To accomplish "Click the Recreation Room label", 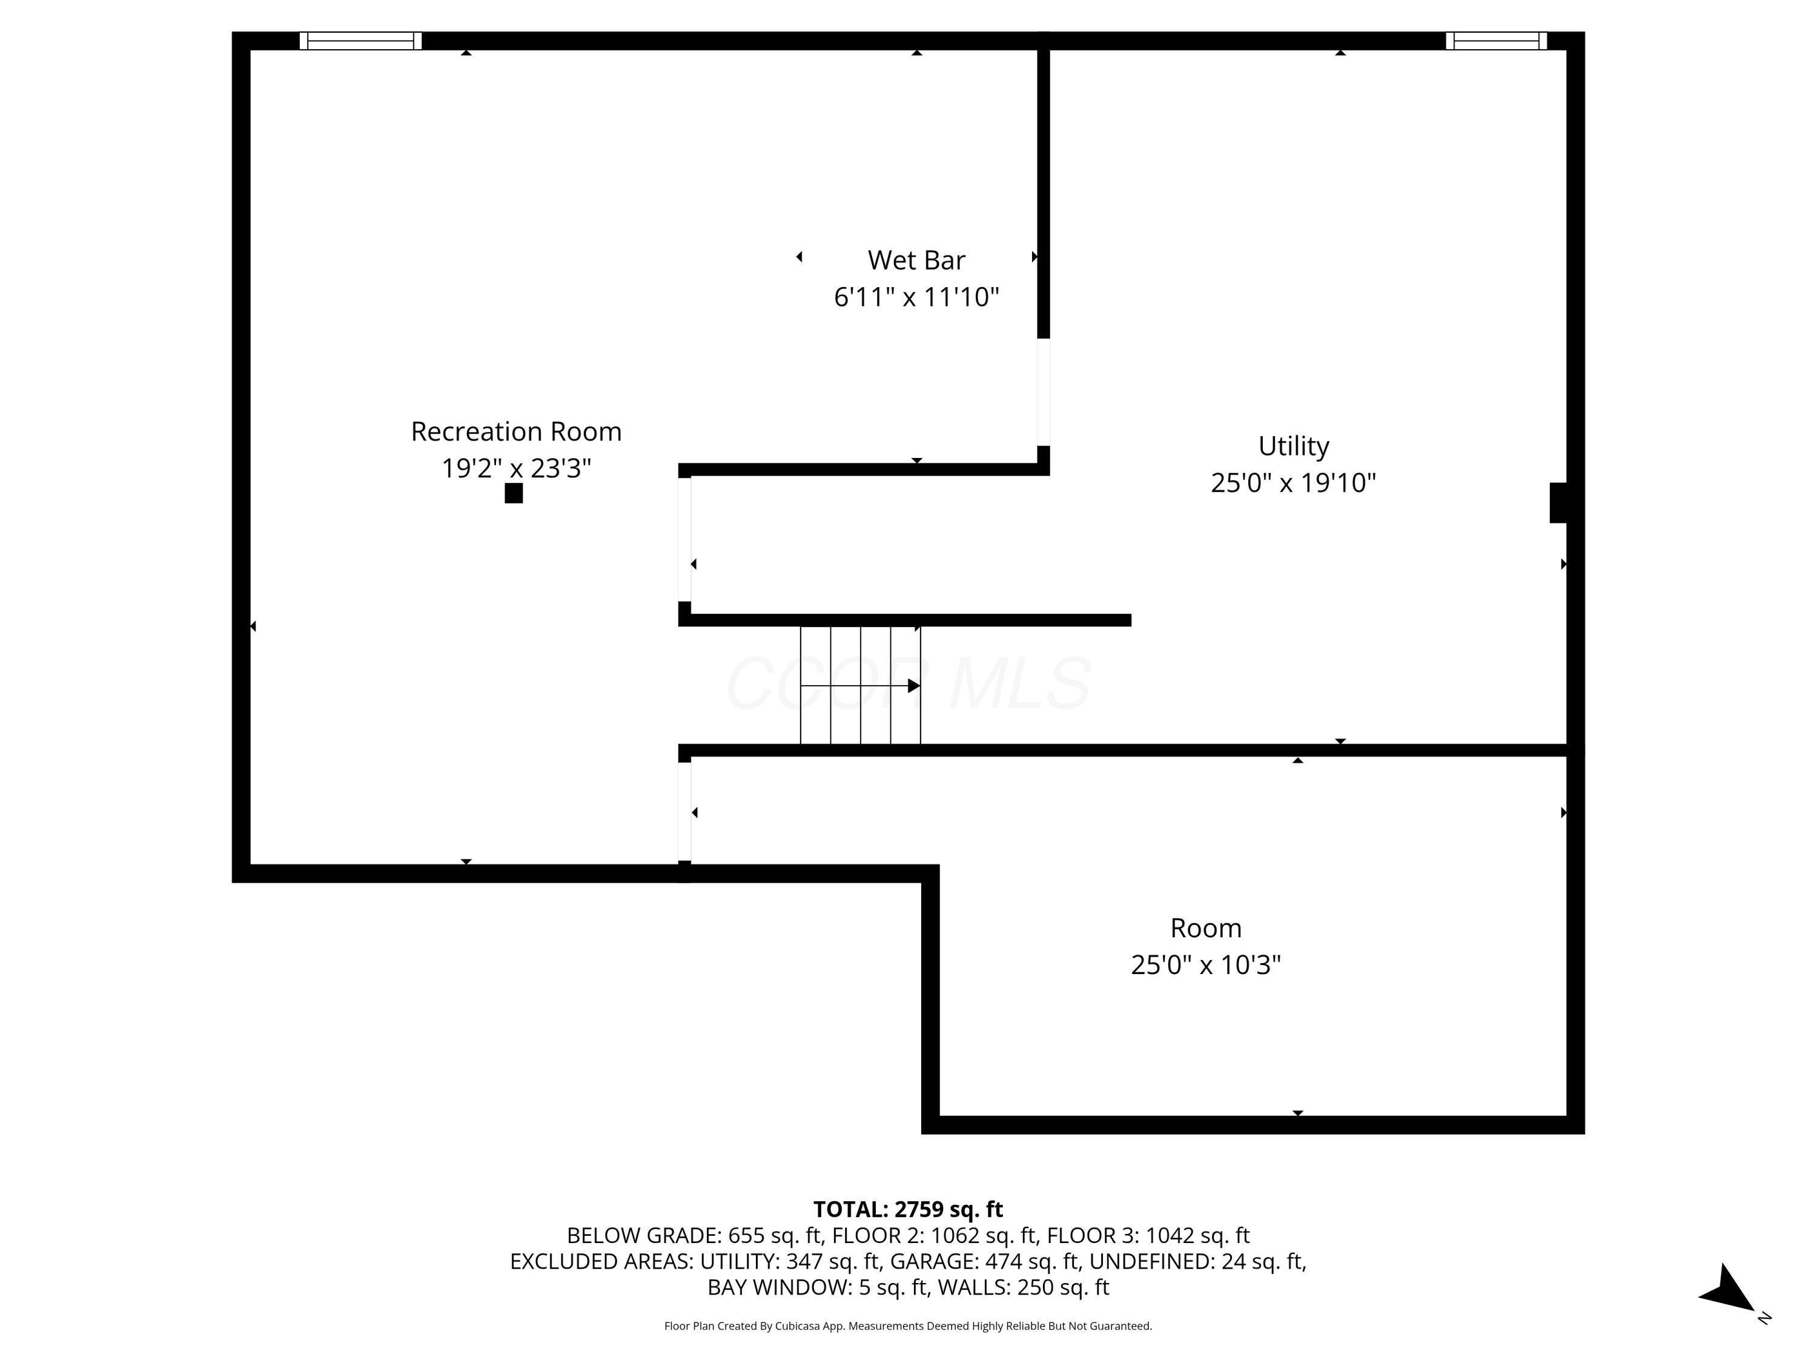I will [x=516, y=431].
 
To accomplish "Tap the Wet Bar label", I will [x=916, y=260].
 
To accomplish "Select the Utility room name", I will [x=1293, y=445].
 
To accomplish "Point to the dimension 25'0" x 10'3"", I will [x=1205, y=964].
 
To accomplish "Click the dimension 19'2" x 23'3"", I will [x=516, y=468].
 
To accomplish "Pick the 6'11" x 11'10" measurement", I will [x=916, y=297].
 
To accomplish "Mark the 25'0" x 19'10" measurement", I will [x=1293, y=482].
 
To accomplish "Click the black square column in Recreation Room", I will [x=514, y=493].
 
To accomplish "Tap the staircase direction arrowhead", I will [x=913, y=686].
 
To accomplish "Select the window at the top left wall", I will [x=360, y=41].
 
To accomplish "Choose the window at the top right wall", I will [x=1496, y=41].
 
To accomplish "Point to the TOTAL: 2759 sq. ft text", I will [x=908, y=1209].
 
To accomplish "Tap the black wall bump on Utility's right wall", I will [x=1557, y=503].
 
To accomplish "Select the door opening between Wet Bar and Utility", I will [x=1043, y=392].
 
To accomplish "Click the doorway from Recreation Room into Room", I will [x=684, y=812].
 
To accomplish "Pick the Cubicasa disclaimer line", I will [x=908, y=1326].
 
